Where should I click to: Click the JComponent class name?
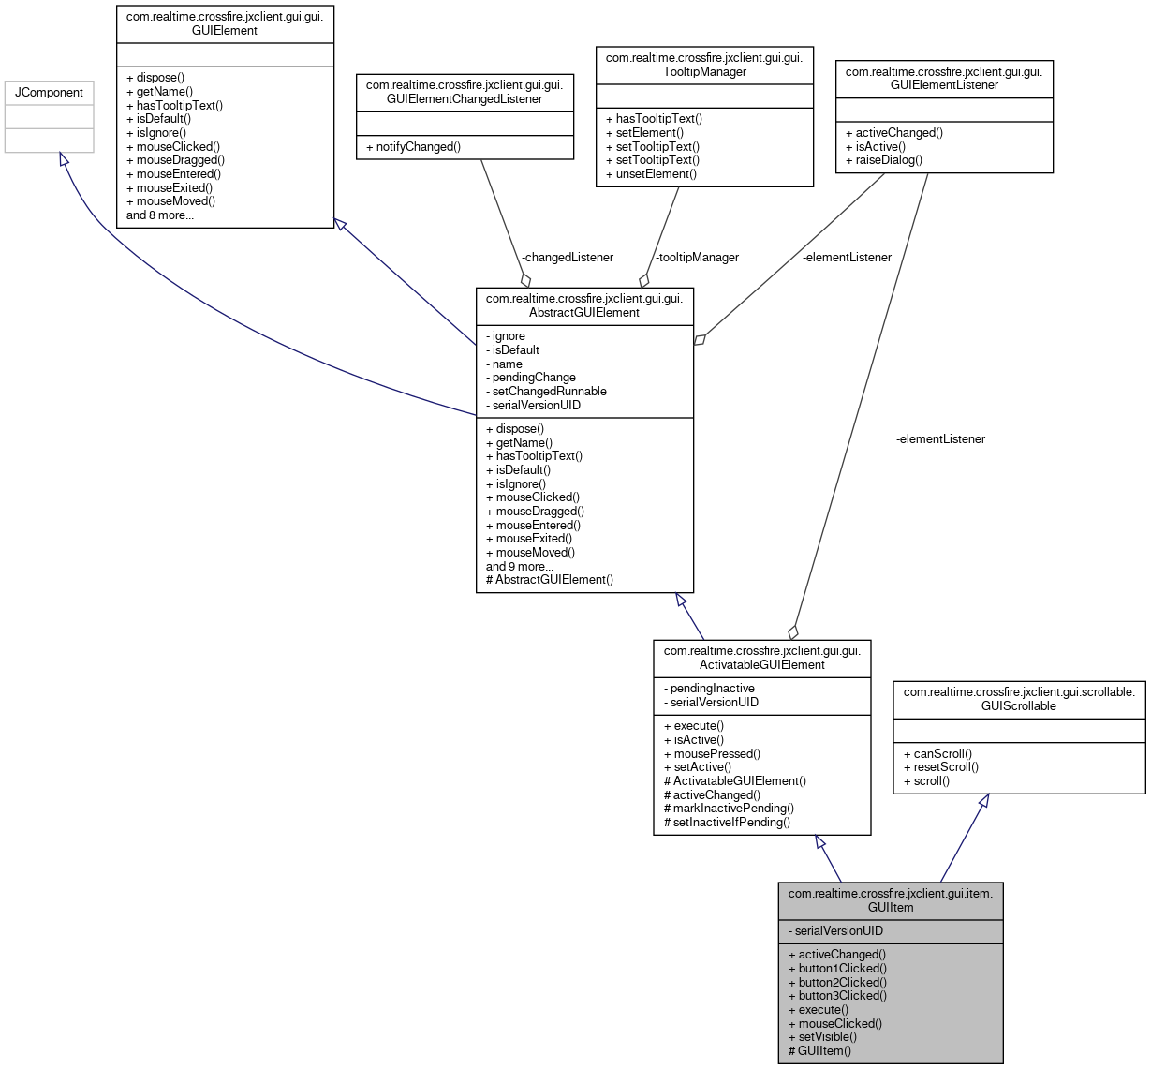point(49,93)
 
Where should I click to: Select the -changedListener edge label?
point(568,257)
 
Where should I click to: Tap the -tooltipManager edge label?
point(697,257)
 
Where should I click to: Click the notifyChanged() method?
point(413,147)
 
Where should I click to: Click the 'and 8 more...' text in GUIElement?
point(160,215)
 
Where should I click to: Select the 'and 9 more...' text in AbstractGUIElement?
point(520,566)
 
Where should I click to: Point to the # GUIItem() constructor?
point(820,1050)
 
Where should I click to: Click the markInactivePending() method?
point(729,809)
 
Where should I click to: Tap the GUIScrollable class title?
point(1019,699)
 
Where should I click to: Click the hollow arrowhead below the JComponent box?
point(64,160)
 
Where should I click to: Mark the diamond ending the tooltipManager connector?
point(643,279)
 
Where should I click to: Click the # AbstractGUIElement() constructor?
point(550,580)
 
